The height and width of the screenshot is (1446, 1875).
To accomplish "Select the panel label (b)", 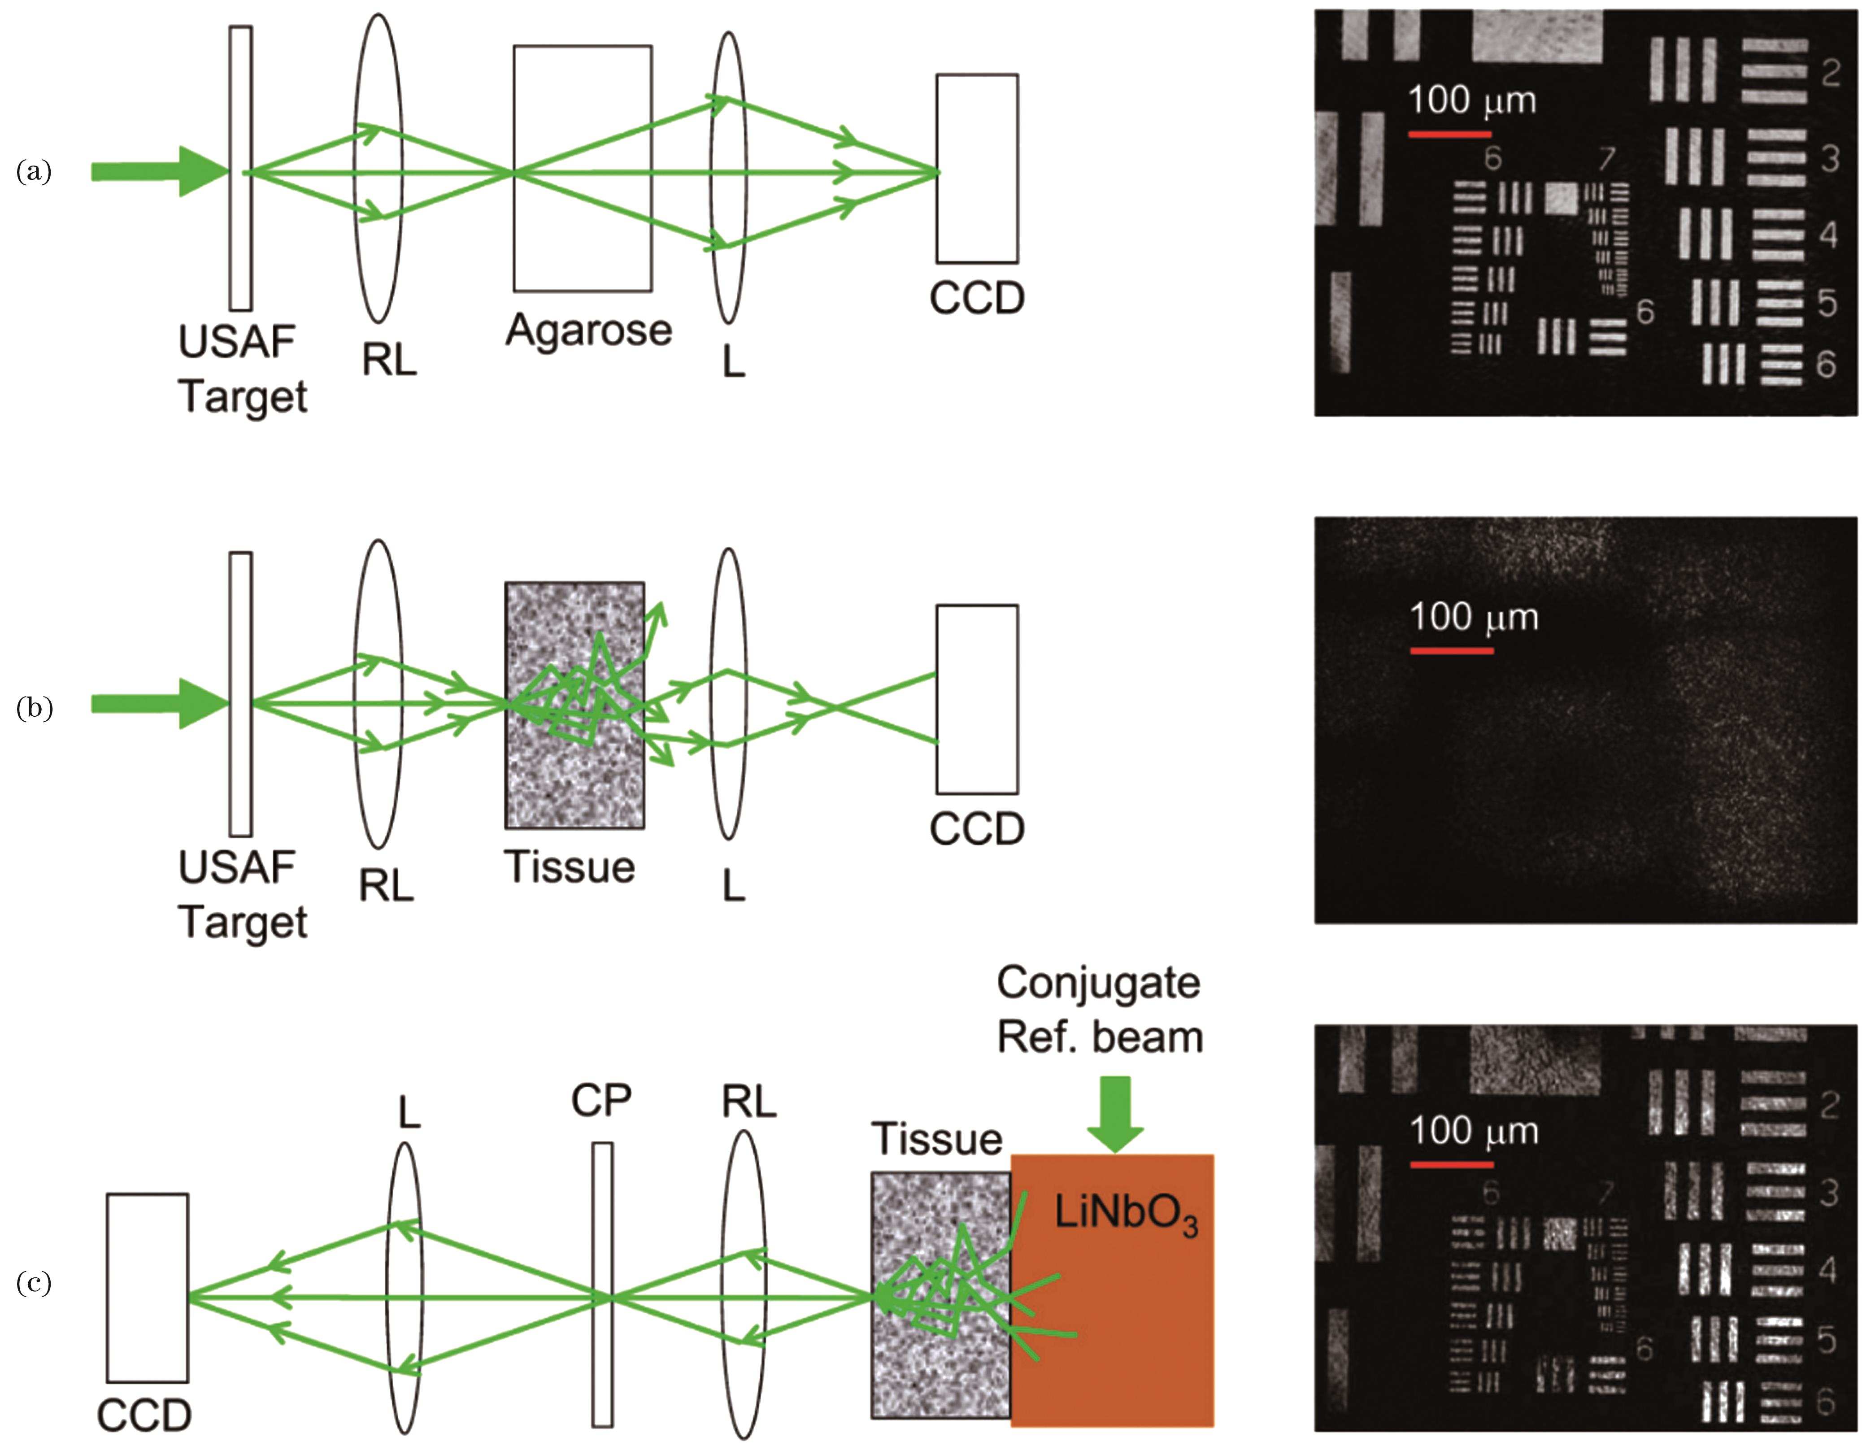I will [35, 708].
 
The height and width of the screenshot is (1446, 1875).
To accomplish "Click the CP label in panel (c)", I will [601, 1100].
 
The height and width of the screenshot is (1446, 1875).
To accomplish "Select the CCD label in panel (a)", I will [977, 298].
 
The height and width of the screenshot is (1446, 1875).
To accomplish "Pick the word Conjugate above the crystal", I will [1098, 982].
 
